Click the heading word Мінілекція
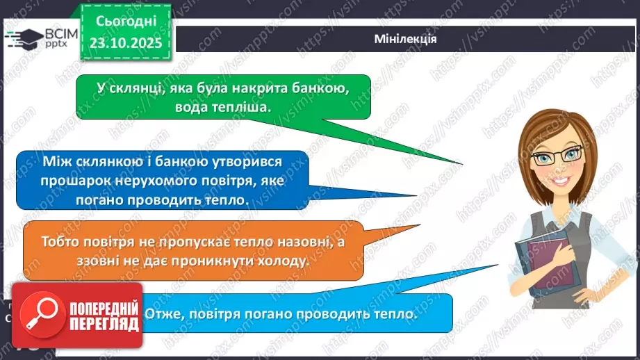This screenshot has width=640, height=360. (404, 39)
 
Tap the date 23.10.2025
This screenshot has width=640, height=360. (126, 44)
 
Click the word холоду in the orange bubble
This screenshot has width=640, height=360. (277, 261)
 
